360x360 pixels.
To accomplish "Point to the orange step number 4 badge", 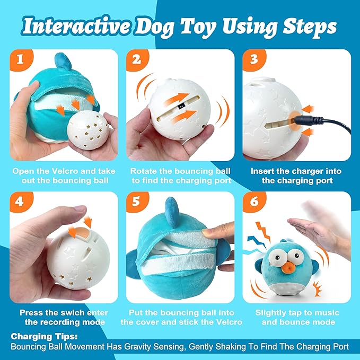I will coord(21,203).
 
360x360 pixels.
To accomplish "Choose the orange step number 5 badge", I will coord(137,203).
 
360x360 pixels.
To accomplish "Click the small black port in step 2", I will coord(181,106).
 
